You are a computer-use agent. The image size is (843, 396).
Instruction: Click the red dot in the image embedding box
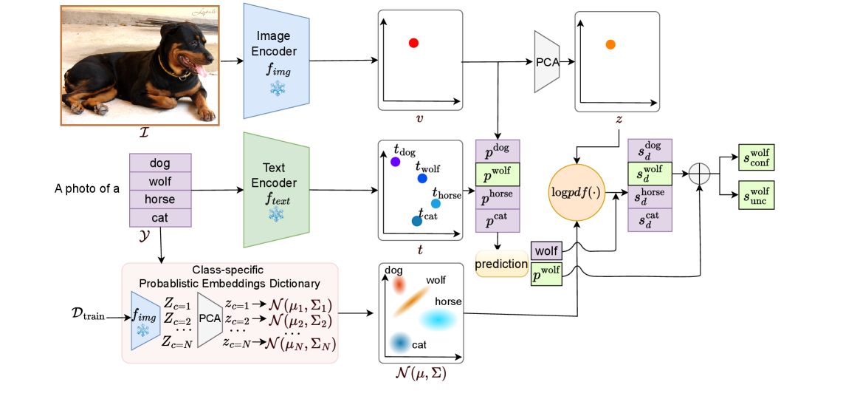413,44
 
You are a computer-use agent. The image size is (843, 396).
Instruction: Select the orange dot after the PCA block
610,45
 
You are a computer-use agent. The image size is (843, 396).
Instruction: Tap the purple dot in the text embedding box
395,162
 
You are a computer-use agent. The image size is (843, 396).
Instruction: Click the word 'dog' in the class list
159,163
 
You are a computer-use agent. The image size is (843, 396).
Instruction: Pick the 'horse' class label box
159,199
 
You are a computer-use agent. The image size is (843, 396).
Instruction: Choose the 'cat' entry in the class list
159,218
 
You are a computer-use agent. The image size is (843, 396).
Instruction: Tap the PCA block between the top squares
546,62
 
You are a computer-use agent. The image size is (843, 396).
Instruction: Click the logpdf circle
577,192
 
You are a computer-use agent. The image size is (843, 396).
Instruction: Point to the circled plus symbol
698,174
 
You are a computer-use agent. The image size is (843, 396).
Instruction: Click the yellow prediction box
501,264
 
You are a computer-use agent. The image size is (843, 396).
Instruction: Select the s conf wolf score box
756,157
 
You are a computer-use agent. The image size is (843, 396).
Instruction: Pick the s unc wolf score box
756,196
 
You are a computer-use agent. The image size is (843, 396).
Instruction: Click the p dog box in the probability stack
497,151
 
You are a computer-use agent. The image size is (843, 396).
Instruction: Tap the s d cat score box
650,220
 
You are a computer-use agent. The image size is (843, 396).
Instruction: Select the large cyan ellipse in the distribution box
438,319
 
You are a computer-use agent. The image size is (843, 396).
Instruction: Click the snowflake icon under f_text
276,214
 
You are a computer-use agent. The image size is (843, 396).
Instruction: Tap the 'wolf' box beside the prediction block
546,251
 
